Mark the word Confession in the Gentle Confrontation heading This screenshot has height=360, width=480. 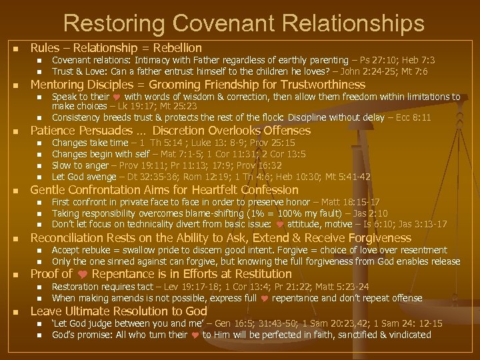[265, 190]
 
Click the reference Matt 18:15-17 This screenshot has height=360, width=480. [348, 202]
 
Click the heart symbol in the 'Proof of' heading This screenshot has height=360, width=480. [83, 274]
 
